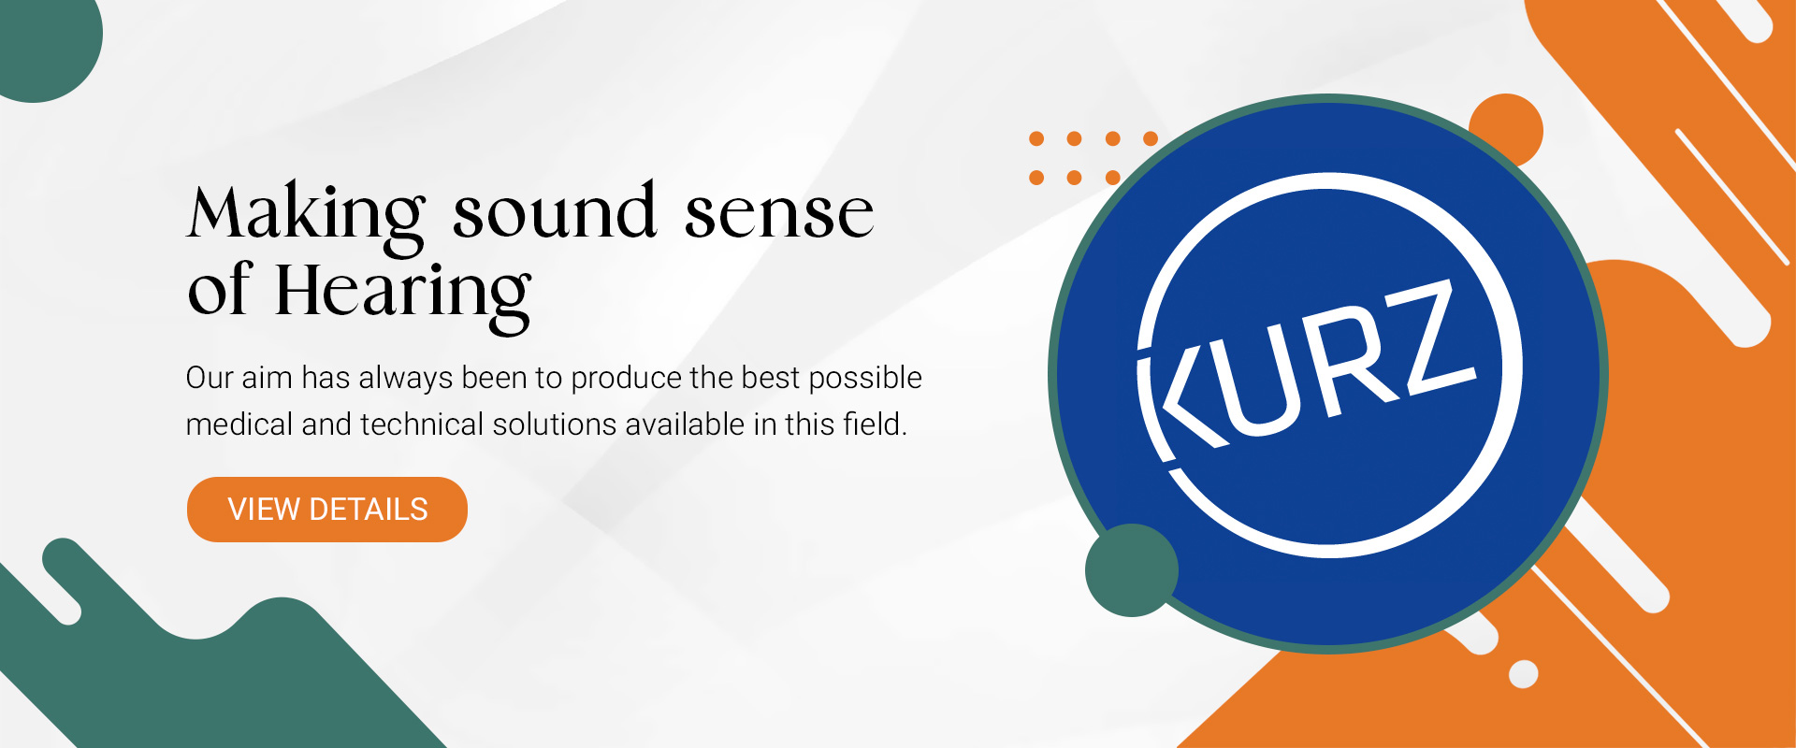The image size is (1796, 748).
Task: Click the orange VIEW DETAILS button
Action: click(x=327, y=510)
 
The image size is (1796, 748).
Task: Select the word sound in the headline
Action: click(x=555, y=210)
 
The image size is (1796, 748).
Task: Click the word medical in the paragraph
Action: click(x=239, y=424)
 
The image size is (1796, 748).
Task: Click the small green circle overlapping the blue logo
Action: click(x=1132, y=570)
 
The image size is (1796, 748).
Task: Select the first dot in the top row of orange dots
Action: click(x=1036, y=138)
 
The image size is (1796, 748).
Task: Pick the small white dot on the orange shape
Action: click(x=1524, y=674)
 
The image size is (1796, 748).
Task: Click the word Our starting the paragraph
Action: click(x=210, y=379)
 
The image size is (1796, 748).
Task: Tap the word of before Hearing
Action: click(x=219, y=290)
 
